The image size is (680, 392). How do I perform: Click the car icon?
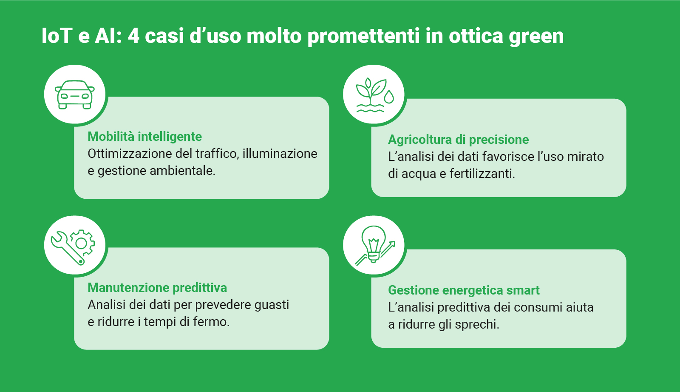75,94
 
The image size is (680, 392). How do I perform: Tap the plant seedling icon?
375,95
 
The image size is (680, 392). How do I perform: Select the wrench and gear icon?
73,247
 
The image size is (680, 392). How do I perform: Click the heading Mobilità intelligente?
144,137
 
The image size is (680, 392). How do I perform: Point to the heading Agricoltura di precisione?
459,140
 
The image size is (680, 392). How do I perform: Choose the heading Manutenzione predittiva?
157,287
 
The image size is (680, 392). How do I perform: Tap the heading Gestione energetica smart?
464,290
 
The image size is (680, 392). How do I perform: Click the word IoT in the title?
57,36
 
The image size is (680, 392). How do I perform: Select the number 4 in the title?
133,36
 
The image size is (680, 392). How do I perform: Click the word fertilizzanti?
482,174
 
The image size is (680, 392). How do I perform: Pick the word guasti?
272,305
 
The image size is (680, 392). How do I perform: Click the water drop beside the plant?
389,97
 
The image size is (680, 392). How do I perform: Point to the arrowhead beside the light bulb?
392,244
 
